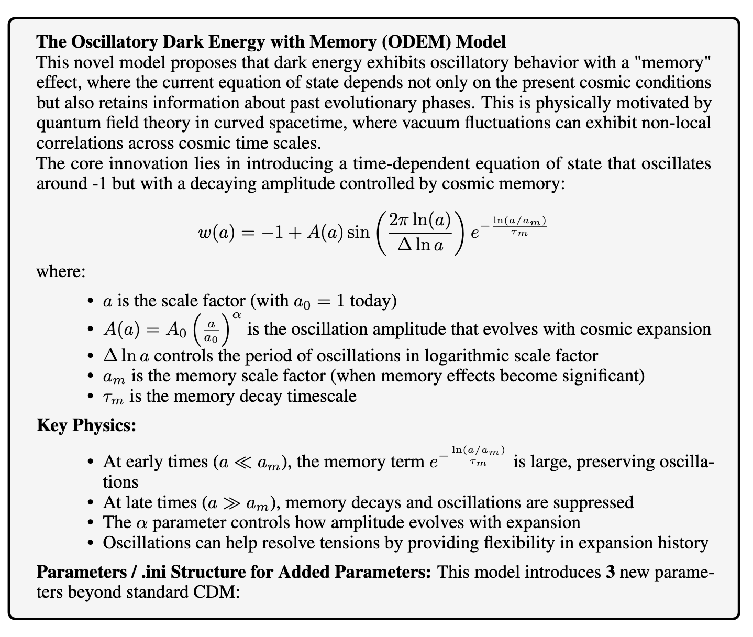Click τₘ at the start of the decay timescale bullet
(x=114, y=396)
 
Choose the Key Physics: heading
(x=86, y=425)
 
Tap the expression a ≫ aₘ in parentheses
(x=238, y=503)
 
